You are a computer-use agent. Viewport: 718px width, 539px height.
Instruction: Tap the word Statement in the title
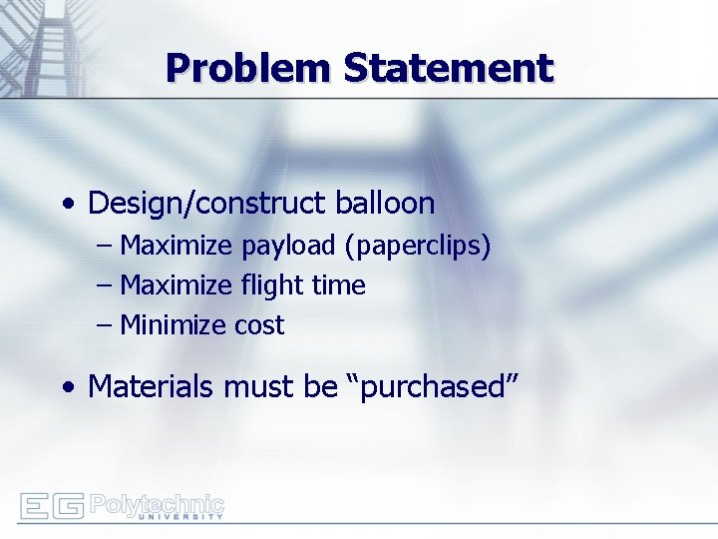point(448,68)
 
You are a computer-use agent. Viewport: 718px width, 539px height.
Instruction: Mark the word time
point(338,285)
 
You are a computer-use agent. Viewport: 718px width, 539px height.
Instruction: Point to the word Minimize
point(174,325)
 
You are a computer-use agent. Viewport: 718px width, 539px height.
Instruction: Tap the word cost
point(259,325)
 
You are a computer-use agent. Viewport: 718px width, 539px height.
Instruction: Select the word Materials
point(151,386)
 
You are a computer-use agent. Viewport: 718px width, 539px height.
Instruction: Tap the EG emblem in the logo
point(50,506)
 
